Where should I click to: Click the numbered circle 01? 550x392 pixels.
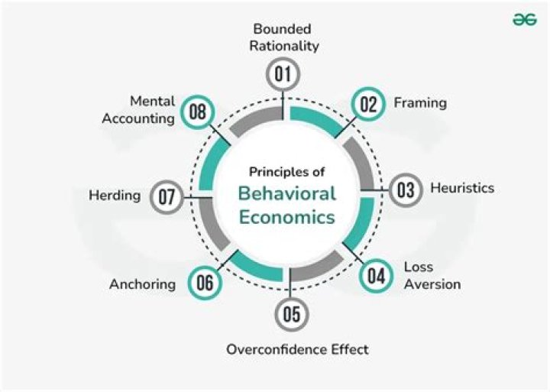(284, 75)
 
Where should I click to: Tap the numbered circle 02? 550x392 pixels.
(369, 104)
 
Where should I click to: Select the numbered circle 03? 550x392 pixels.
(406, 190)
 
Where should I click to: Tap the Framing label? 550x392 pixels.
(419, 102)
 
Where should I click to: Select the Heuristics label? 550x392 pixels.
(462, 187)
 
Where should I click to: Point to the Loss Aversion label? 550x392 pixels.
(432, 277)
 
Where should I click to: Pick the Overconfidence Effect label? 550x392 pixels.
(297, 349)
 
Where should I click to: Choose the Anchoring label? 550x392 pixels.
(142, 284)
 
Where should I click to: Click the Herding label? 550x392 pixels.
(115, 195)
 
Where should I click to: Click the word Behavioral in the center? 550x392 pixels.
(286, 193)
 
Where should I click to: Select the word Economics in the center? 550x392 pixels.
(286, 217)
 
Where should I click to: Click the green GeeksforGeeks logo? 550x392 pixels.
(525, 21)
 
